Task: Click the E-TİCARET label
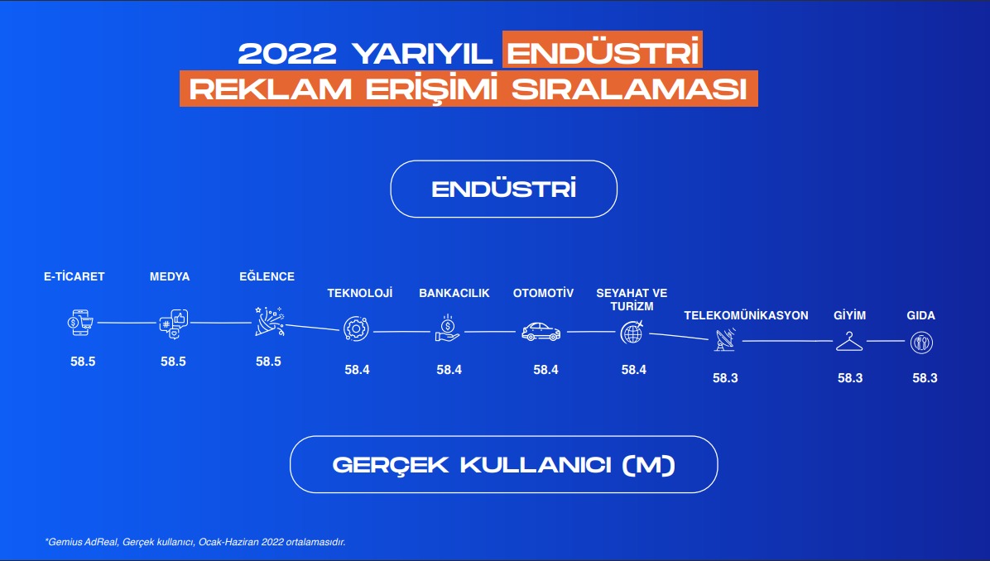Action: [x=74, y=276]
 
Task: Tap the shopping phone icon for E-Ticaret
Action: [x=81, y=323]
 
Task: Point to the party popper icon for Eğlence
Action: [x=270, y=322]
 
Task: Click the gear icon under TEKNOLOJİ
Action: [x=356, y=328]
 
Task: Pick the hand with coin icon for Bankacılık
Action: [x=448, y=328]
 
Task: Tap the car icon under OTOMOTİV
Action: [x=541, y=332]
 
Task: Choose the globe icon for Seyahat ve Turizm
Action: [x=632, y=332]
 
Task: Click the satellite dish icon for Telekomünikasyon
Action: [x=725, y=339]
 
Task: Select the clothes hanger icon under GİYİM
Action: [x=849, y=342]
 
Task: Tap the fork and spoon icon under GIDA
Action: [x=922, y=343]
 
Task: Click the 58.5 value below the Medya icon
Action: [x=173, y=362]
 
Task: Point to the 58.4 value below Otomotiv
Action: [x=545, y=370]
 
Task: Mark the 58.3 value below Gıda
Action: [x=925, y=378]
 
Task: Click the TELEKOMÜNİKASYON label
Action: [x=746, y=315]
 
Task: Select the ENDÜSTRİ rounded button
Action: [x=504, y=189]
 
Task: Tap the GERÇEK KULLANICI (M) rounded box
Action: [x=504, y=464]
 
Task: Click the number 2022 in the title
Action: [x=287, y=54]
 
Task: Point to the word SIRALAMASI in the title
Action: [x=629, y=89]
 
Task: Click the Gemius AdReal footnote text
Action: [x=195, y=542]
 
